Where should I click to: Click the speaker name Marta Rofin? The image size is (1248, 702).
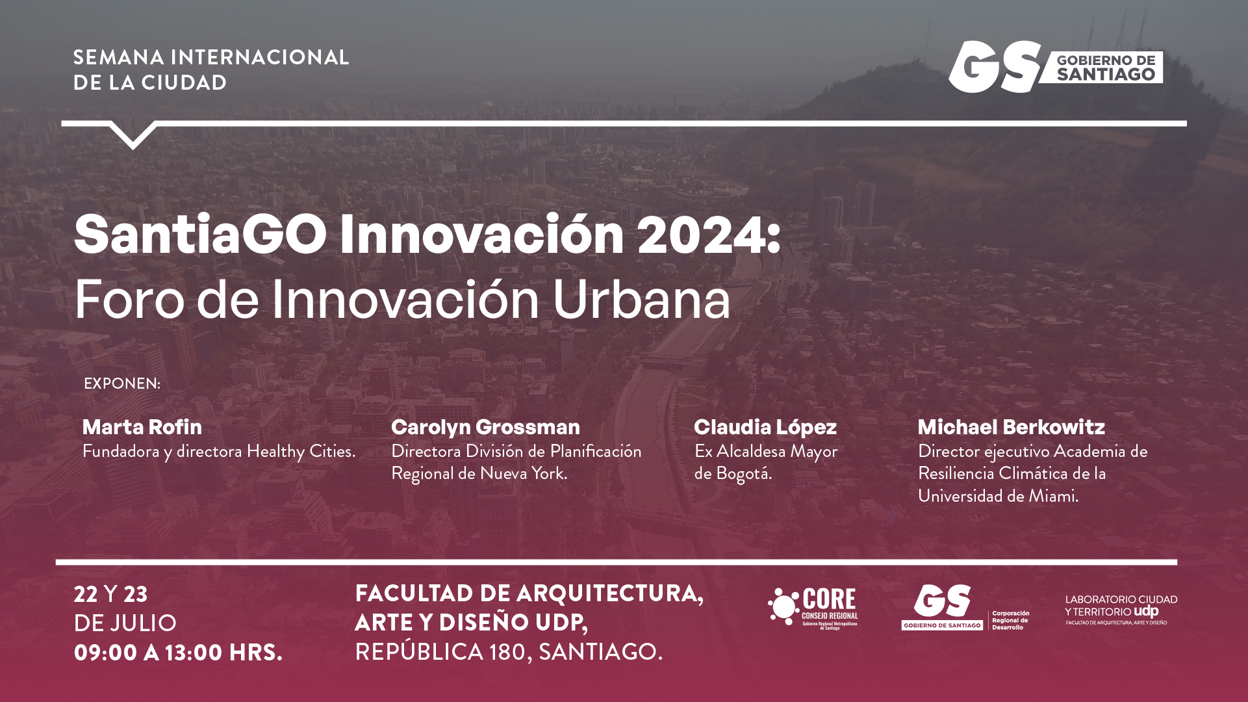(142, 427)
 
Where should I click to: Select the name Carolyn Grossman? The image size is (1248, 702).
(485, 427)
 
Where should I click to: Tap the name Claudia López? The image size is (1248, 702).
(765, 427)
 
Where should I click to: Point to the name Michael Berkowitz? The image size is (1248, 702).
(1012, 427)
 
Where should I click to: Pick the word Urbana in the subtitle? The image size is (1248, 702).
(642, 299)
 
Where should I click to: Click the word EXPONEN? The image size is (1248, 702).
(122, 383)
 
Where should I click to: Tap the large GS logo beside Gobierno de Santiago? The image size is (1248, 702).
(994, 66)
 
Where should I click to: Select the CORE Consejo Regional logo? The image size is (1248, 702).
(813, 607)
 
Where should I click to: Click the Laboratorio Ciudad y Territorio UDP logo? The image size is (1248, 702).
(1121, 610)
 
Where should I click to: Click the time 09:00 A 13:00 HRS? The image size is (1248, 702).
(178, 652)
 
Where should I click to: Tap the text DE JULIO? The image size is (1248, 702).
(125, 623)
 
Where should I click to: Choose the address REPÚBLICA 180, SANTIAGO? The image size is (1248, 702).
(509, 651)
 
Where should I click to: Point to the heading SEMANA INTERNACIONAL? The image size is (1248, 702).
(211, 57)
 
